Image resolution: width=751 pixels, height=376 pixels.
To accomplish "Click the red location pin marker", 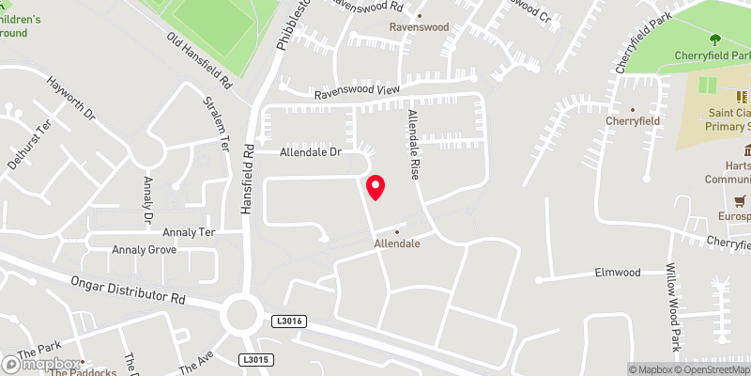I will (x=375, y=187).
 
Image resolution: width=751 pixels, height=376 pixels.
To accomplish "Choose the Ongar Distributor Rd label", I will (x=128, y=289).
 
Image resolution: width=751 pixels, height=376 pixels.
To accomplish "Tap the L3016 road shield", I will (x=289, y=321).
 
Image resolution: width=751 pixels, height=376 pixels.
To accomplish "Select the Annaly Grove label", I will (x=144, y=250).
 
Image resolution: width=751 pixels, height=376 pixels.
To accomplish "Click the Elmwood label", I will (x=617, y=273).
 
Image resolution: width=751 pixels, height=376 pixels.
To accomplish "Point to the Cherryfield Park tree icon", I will (x=715, y=39).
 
